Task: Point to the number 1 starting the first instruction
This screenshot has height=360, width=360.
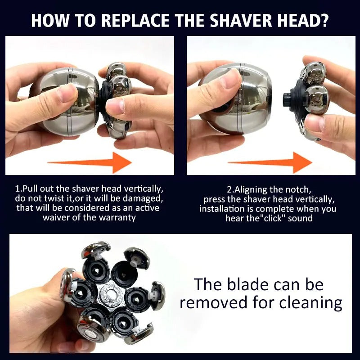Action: point(18,189)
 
